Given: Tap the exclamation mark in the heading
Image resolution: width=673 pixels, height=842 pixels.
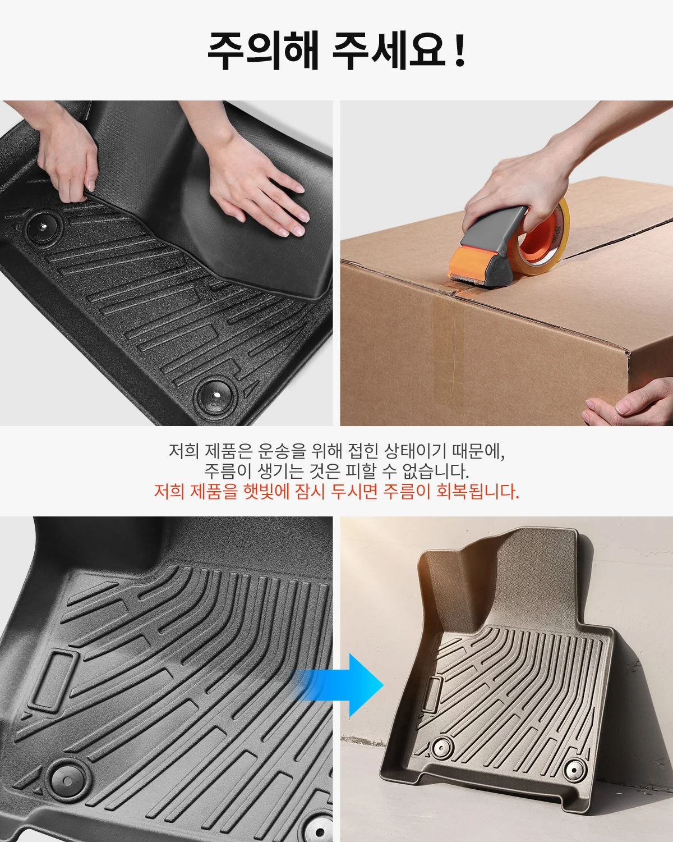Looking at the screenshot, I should pos(460,51).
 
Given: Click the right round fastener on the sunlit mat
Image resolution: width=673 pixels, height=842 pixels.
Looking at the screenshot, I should pos(574,770).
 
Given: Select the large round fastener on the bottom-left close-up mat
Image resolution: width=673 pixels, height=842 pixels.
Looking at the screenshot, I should pos(67,780).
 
